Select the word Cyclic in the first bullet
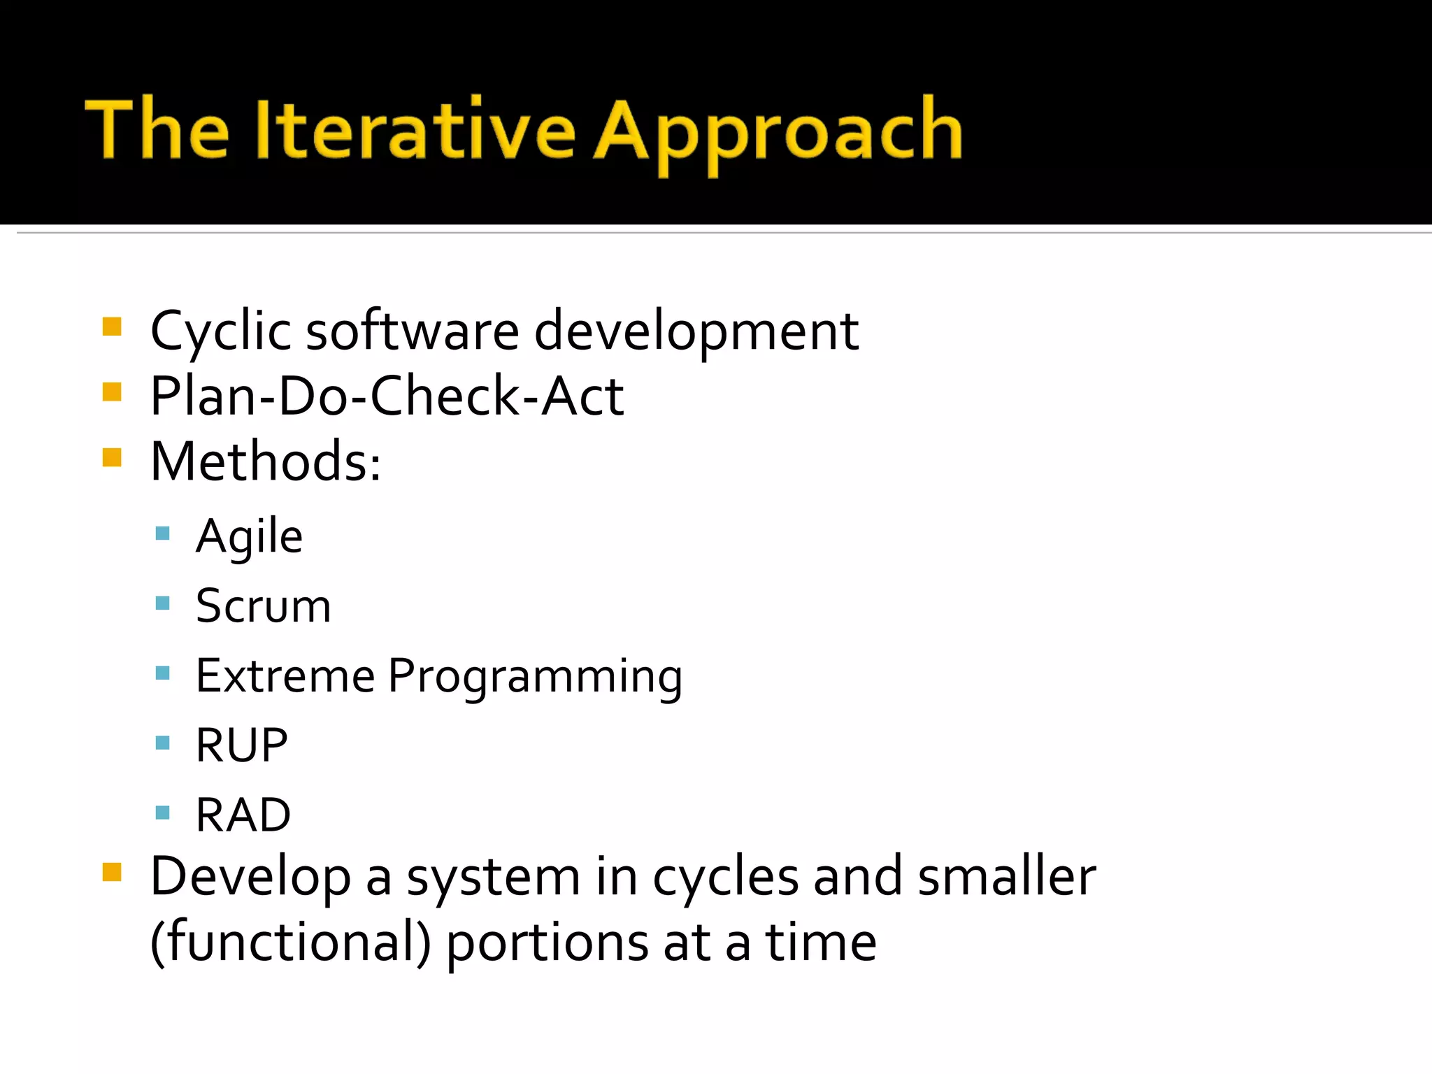click(x=220, y=331)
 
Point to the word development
click(x=696, y=331)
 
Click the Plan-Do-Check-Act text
click(x=387, y=396)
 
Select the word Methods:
click(x=266, y=461)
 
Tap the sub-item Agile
click(x=249, y=537)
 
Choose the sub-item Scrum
click(x=263, y=606)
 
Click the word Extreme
click(x=285, y=675)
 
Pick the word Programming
click(x=535, y=677)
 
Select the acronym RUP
click(x=241, y=745)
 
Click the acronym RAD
click(x=243, y=815)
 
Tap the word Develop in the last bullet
click(x=250, y=878)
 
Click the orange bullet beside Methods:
click(x=112, y=457)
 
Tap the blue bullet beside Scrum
click(x=163, y=603)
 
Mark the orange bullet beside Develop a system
click(x=112, y=872)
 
